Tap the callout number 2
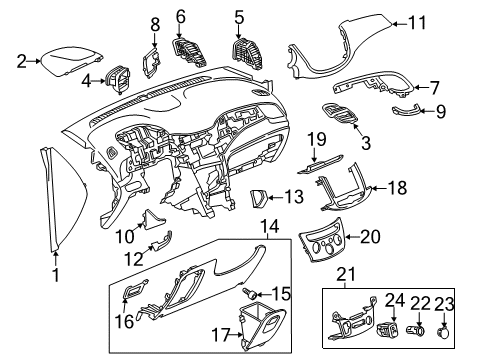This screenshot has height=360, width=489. coord(22,61)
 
